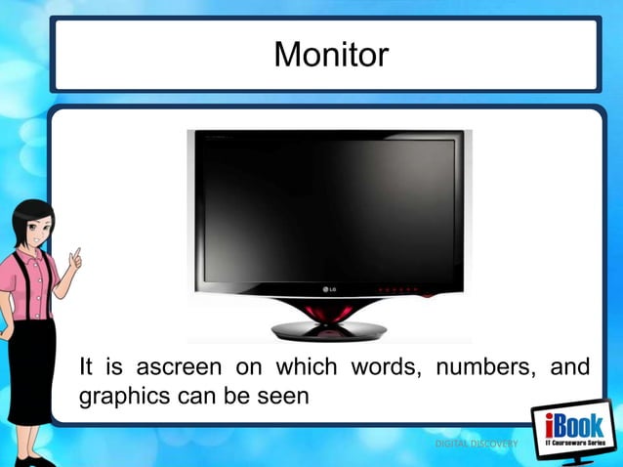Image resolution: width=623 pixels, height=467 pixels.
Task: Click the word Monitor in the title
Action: tap(330, 55)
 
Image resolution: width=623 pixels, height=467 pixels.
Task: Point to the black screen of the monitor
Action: tap(323, 206)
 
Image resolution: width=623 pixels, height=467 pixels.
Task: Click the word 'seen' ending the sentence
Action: tap(282, 397)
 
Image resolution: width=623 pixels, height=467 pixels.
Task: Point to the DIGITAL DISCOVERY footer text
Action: tap(478, 446)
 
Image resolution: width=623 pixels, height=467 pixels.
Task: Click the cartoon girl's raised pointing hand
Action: tap(74, 258)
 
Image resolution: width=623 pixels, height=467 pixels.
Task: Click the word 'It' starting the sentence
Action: tap(86, 368)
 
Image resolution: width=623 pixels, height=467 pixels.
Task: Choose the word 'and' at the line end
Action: tap(569, 368)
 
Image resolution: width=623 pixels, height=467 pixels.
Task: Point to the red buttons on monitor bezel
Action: tap(398, 289)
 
